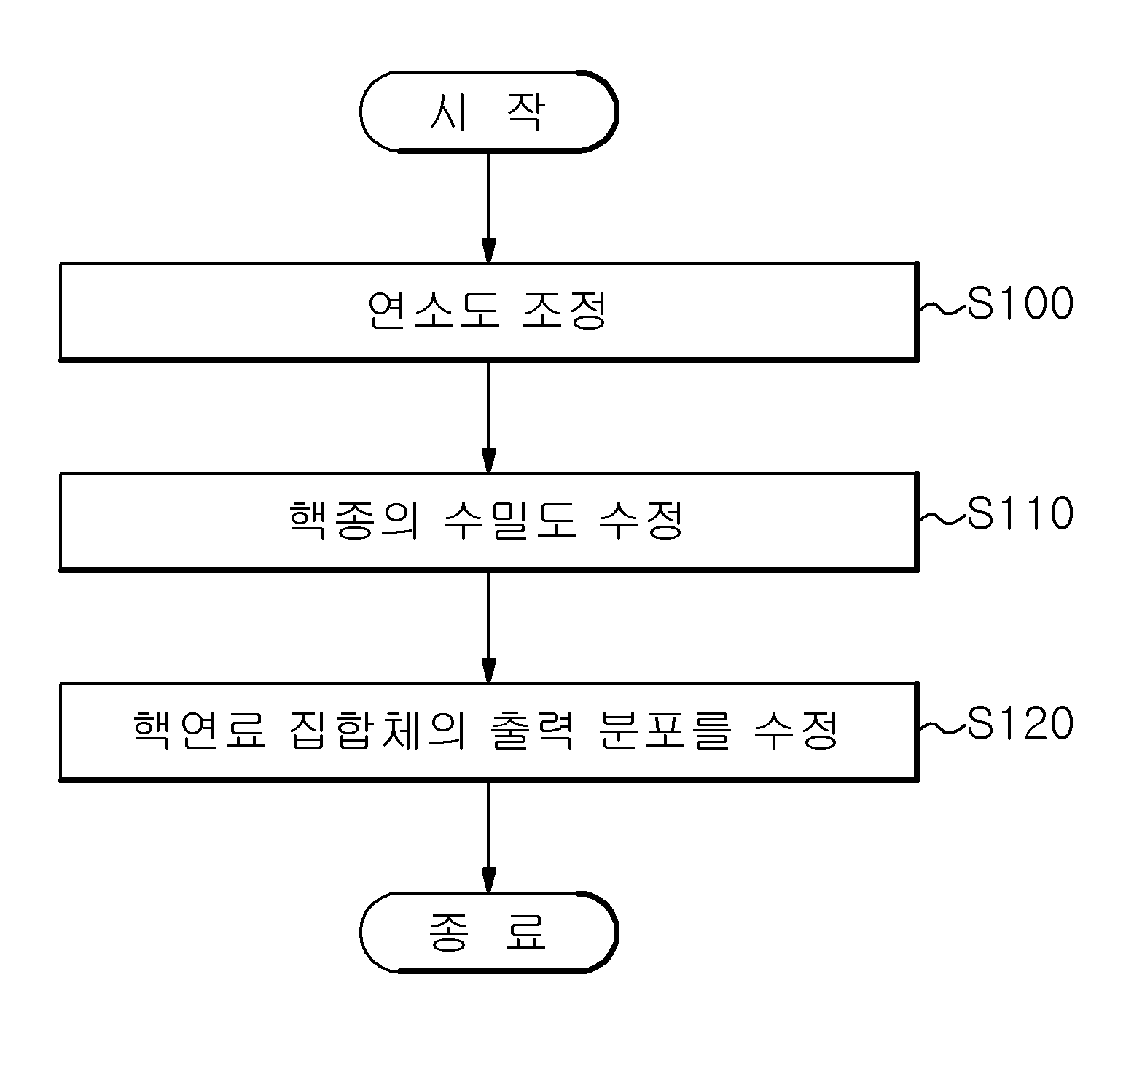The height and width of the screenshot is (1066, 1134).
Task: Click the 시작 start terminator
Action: (489, 112)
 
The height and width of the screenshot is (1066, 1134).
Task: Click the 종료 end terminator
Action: (489, 933)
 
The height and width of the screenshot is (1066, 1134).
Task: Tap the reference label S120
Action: (1020, 724)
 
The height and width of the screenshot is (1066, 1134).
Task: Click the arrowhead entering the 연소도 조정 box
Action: (488, 250)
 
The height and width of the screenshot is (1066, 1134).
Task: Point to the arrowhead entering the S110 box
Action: (488, 460)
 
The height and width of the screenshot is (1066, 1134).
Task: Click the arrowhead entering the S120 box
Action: (488, 670)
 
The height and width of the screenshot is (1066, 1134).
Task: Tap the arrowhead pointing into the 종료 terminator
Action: (488, 880)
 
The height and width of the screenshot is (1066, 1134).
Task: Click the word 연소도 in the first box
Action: (434, 311)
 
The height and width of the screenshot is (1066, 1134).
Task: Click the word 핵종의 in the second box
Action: (353, 521)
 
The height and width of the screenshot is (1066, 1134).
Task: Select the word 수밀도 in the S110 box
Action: (509, 521)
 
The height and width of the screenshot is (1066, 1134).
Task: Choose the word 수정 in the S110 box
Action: (641, 521)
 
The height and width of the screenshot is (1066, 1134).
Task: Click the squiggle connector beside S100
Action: (942, 309)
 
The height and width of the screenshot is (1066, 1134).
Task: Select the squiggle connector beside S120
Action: (942, 729)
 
